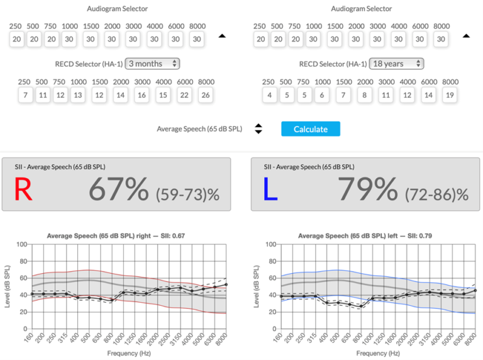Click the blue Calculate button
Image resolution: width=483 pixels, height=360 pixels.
[x=311, y=129]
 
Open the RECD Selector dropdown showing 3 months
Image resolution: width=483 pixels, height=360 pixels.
[x=153, y=64]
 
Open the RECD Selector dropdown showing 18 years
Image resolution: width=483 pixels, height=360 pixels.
[x=397, y=64]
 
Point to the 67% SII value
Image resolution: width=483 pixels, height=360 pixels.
[x=119, y=189]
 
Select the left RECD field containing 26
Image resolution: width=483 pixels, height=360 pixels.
[x=206, y=95]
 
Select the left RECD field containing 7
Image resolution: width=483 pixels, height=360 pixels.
[x=25, y=95]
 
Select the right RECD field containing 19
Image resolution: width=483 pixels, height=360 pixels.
[x=450, y=95]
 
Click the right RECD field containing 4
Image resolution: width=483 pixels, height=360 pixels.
[x=269, y=95]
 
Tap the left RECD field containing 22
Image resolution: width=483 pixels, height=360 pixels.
[x=185, y=95]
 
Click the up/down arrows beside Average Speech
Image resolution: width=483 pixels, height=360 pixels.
[x=258, y=129]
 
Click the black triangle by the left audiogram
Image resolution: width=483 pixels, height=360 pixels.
[x=221, y=36]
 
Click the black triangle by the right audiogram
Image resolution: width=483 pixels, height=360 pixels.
[x=466, y=36]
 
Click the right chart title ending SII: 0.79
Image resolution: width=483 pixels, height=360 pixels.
[x=365, y=236]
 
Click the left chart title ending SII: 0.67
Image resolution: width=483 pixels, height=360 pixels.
[x=118, y=236]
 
